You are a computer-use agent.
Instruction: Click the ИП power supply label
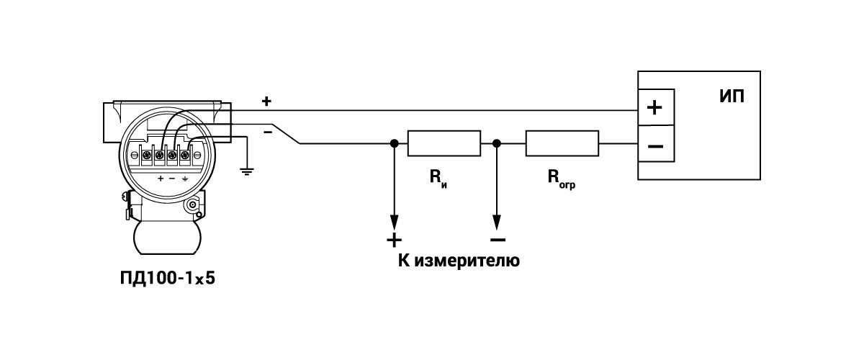(732, 97)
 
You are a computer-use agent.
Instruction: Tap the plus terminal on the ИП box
(654, 108)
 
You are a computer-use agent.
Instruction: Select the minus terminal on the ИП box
(655, 147)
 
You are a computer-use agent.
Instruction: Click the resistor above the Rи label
(444, 143)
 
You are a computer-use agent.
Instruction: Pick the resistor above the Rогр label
(562, 143)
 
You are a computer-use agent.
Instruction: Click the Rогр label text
(561, 178)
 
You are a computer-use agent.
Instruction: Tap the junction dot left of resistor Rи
(394, 143)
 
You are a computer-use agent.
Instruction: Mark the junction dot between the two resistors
(496, 143)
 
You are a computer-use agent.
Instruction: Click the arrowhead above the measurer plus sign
(394, 220)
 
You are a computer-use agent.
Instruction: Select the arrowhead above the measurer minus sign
(496, 220)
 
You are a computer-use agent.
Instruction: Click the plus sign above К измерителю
(394, 239)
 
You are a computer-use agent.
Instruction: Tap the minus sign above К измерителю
(497, 239)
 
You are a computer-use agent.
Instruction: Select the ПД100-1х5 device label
(168, 279)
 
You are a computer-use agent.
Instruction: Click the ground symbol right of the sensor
(247, 171)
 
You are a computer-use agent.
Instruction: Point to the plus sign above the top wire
(266, 102)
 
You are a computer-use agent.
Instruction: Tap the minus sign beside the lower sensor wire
(268, 132)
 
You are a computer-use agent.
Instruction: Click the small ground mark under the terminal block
(184, 177)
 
